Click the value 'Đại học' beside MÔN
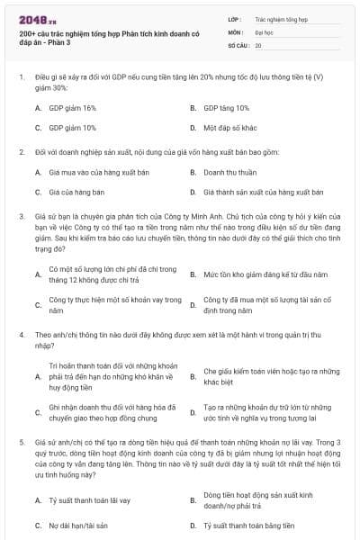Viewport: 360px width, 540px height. (265, 31)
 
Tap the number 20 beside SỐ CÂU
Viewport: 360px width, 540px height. (258, 44)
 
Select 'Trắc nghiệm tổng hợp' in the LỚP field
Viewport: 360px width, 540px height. (281, 17)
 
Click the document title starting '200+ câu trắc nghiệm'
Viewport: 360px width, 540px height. (96, 36)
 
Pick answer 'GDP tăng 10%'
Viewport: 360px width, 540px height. (226, 107)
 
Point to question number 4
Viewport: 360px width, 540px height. (21, 334)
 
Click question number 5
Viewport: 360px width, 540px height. (21, 443)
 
